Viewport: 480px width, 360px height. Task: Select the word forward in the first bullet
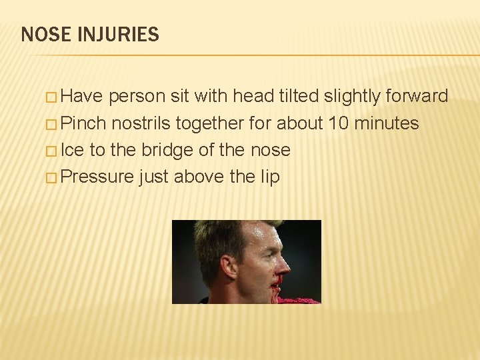tap(417, 97)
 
